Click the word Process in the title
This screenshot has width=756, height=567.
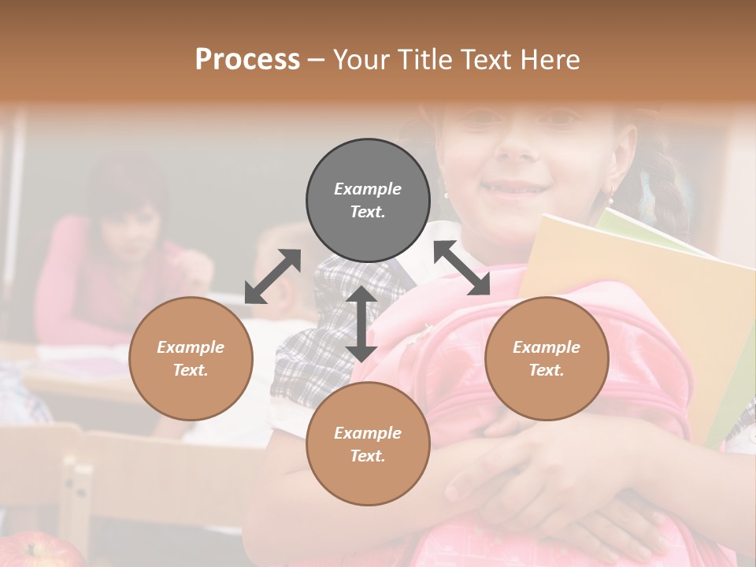click(247, 60)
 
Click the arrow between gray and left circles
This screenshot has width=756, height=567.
click(272, 276)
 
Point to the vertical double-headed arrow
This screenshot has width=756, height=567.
click(361, 324)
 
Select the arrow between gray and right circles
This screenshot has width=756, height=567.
click(461, 269)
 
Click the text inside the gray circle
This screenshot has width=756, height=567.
click(368, 200)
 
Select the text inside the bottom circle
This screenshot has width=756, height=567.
click(368, 444)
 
